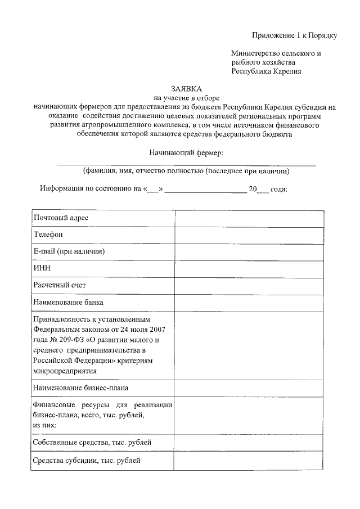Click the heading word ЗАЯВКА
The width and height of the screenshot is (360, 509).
click(185, 88)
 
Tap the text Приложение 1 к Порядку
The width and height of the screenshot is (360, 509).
click(294, 36)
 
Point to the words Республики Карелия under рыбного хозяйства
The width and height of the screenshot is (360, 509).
click(266, 71)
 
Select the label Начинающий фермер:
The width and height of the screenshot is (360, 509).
click(186, 152)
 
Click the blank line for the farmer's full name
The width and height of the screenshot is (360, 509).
click(186, 164)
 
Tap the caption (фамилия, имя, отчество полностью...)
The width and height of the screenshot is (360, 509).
click(186, 171)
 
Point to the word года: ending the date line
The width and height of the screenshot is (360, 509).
click(278, 189)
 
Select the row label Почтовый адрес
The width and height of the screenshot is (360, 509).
click(61, 218)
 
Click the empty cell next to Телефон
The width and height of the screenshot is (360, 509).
click(249, 235)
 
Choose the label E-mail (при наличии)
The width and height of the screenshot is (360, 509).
click(69, 251)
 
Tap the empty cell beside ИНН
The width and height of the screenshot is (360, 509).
click(249, 269)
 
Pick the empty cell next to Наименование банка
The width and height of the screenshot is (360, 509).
click(249, 303)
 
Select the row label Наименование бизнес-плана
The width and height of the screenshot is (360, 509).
click(85, 388)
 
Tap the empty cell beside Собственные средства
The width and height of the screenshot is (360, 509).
click(249, 444)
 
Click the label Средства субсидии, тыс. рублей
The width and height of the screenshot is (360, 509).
click(87, 461)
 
